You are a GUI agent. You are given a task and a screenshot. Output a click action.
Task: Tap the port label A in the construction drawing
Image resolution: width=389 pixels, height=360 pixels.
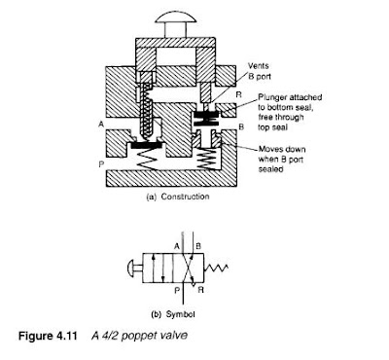coord(101,125)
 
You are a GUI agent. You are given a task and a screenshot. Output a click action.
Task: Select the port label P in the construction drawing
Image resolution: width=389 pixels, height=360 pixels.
coord(101,164)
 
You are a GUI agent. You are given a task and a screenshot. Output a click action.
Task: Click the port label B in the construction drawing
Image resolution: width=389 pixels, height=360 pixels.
coord(241,126)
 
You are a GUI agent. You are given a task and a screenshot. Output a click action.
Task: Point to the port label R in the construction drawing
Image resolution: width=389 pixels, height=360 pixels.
coord(239,94)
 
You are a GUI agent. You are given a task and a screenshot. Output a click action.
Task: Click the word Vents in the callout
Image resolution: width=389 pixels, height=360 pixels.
coord(259,66)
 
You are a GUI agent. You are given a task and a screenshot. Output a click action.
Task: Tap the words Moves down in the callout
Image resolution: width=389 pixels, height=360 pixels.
coord(282,149)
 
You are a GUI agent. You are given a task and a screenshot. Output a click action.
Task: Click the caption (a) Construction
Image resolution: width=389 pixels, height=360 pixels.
coord(178,197)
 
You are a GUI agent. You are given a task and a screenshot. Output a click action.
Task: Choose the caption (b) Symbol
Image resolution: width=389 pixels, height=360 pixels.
coord(173,314)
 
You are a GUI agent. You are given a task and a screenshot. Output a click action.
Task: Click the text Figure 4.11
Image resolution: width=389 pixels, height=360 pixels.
coord(48,336)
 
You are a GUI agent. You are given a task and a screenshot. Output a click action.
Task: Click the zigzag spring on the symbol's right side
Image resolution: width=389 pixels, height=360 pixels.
coord(217,268)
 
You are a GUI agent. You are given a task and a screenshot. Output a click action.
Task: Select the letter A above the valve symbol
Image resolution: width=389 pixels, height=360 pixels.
coord(177,246)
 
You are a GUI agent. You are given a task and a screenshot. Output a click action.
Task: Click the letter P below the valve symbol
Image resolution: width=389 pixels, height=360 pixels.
coord(177,290)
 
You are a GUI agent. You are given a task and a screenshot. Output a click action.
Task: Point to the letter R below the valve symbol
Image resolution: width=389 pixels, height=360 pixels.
coord(200,290)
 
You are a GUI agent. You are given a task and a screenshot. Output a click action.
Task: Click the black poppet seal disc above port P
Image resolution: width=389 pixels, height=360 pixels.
coord(146,145)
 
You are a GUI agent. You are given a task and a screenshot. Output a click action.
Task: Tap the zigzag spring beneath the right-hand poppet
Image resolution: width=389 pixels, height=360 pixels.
coord(206,159)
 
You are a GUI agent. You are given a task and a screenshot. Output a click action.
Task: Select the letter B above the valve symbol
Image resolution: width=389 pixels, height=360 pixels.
coord(198,246)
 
